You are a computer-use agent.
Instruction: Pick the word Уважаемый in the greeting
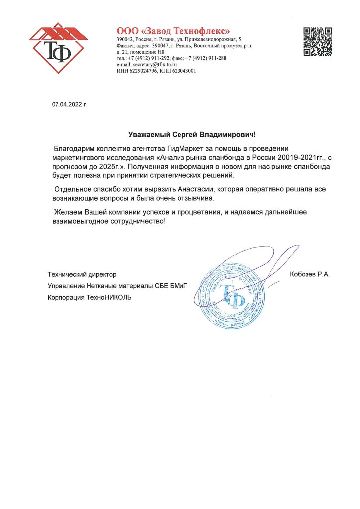pyautogui.click(x=146, y=134)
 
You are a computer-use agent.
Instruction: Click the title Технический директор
pyautogui.click(x=82, y=274)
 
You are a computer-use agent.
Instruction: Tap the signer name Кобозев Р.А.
pyautogui.click(x=310, y=274)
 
